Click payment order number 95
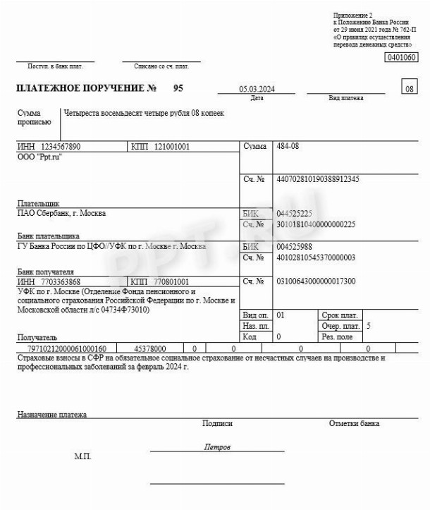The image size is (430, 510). click(178, 89)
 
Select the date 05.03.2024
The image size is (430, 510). click(257, 90)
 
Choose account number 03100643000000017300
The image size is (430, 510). click(317, 281)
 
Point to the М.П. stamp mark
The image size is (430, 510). click(82, 457)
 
